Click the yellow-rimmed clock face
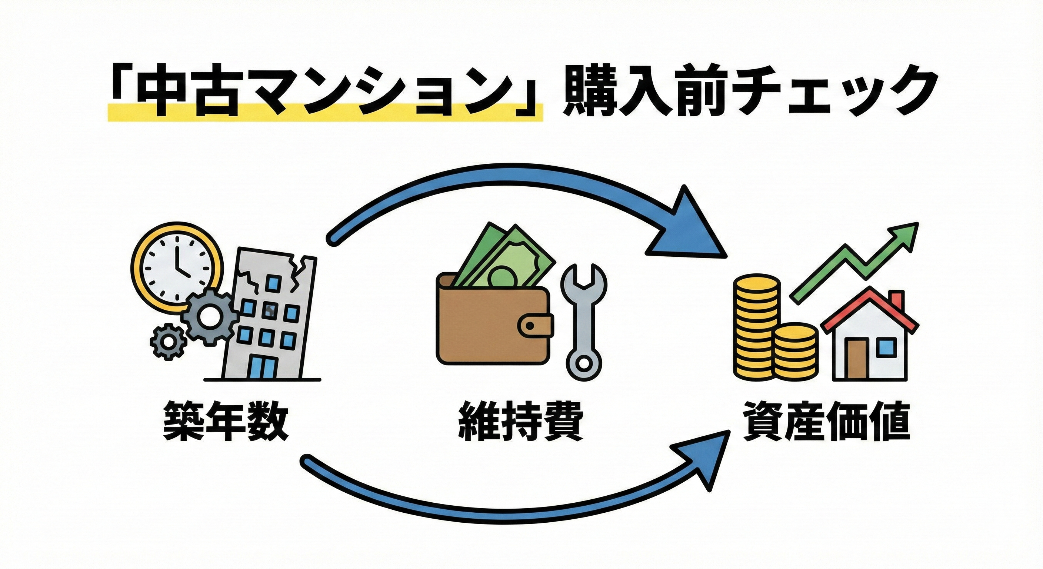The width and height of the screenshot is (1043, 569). [x=177, y=269]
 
